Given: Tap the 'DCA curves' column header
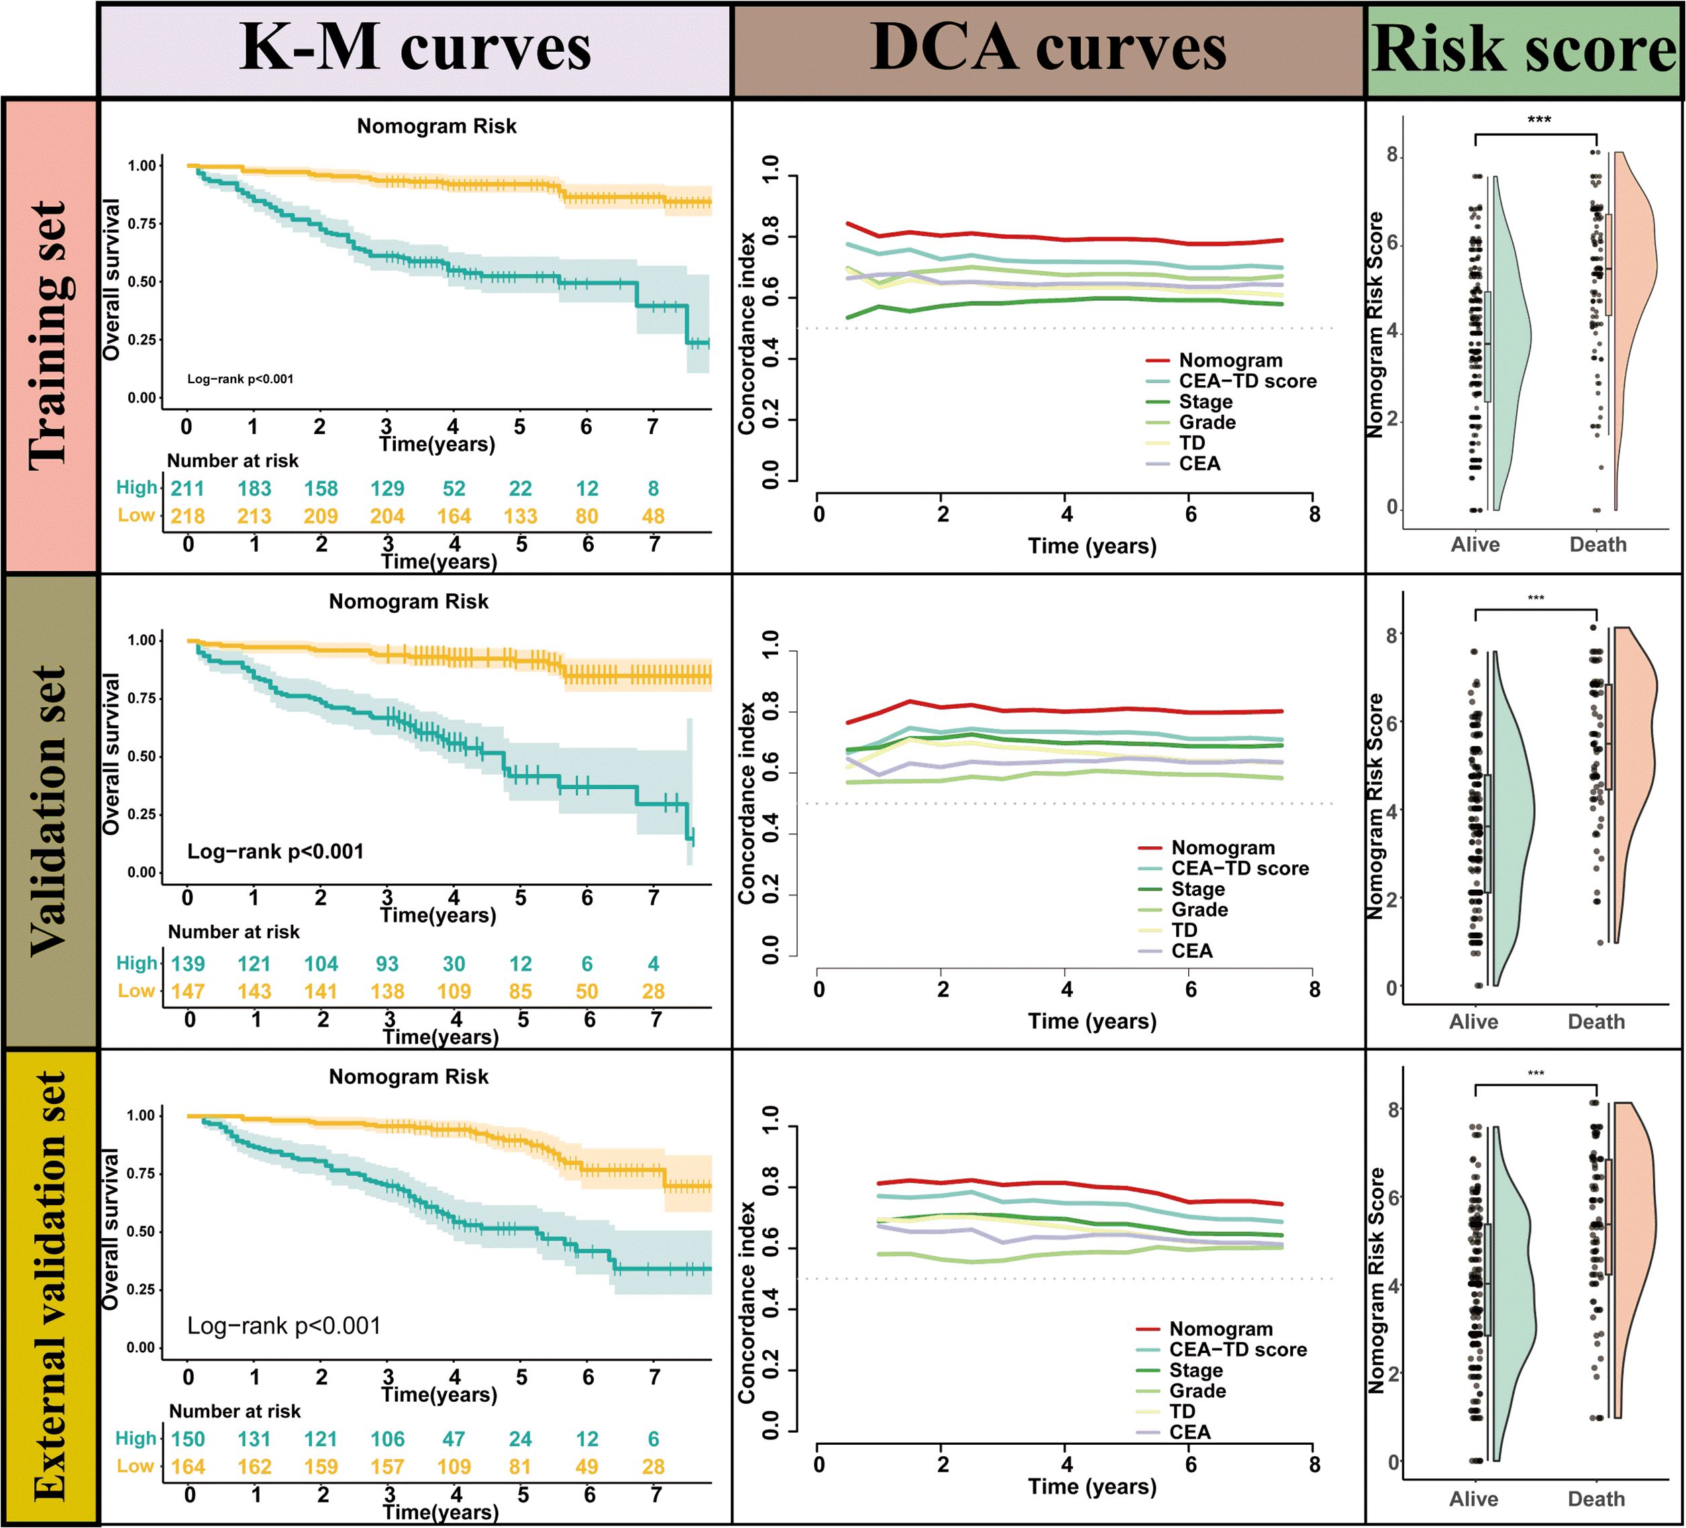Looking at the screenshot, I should [1048, 48].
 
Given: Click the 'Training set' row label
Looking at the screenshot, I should [48, 335].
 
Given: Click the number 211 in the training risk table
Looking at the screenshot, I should [187, 489].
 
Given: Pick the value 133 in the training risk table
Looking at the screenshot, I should [520, 516].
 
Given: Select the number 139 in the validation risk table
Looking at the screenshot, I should [187, 964].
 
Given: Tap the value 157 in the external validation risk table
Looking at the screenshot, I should [387, 1466].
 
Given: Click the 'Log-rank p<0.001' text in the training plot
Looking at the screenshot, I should [240, 379].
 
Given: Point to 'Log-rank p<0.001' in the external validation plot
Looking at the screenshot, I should [284, 1325].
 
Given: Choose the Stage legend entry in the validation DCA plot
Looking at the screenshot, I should [1198, 889].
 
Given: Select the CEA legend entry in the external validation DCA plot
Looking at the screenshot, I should [1190, 1432].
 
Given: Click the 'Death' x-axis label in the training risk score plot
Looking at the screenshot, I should [1597, 544].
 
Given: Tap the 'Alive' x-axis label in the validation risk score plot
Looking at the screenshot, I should [1473, 1021].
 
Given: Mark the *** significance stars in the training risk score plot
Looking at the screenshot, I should [1539, 119].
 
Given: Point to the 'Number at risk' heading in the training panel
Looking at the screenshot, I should [233, 461].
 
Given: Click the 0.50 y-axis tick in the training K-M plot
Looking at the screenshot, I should [142, 282].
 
